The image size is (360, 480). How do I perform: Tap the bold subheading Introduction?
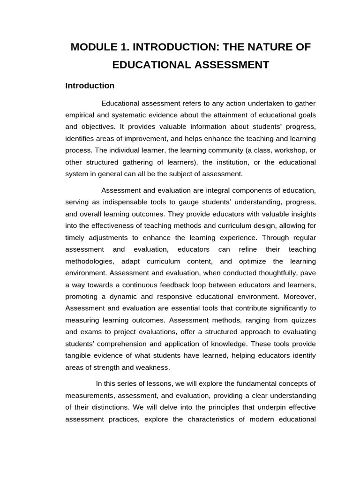(x=90, y=86)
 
